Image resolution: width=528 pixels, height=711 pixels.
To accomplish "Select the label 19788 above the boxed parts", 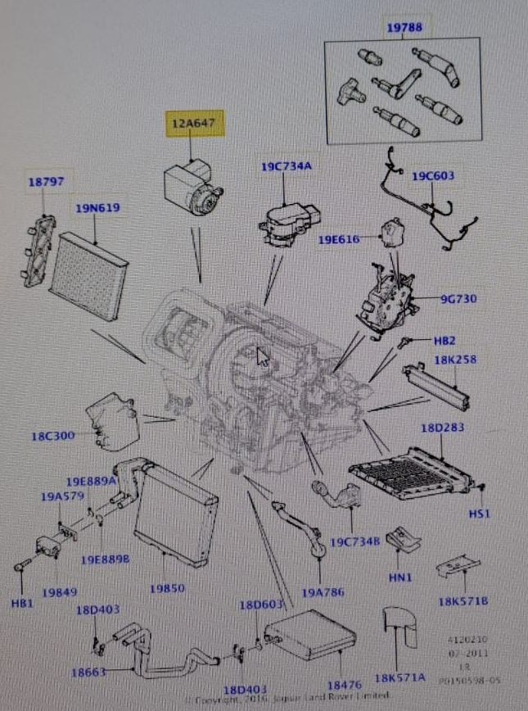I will (x=404, y=28).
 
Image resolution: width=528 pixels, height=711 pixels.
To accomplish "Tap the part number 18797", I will (x=46, y=182).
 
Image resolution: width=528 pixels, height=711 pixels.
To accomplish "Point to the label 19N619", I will (x=98, y=208).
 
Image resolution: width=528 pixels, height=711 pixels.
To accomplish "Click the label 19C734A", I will (x=287, y=167).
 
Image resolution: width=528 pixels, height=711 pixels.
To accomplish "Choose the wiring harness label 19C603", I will (x=433, y=176).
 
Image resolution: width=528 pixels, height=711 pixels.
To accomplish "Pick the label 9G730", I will (x=458, y=299).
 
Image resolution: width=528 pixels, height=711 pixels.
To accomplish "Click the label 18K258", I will (x=456, y=359).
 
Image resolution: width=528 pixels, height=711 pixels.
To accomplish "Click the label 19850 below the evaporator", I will (x=167, y=587).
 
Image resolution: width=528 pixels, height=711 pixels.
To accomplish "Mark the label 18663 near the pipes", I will (x=89, y=673).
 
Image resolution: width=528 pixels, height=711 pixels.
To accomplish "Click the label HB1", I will (x=22, y=603).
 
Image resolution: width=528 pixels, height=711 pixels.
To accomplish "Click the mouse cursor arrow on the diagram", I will (x=262, y=357).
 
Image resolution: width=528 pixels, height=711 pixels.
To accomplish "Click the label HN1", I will (x=399, y=577).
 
